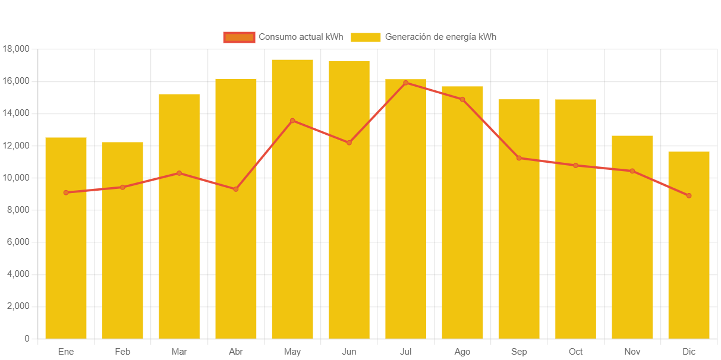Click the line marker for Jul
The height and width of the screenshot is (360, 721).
click(x=405, y=83)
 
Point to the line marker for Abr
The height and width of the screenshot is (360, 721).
click(x=236, y=189)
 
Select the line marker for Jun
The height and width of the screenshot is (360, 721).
click(x=349, y=143)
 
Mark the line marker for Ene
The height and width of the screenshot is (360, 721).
click(x=66, y=192)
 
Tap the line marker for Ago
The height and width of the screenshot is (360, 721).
click(x=462, y=99)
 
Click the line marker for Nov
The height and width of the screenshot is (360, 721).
click(x=632, y=171)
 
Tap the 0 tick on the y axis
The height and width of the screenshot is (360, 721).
click(x=27, y=339)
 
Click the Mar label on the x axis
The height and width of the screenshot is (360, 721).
click(x=179, y=352)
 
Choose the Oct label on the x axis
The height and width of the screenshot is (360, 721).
click(x=575, y=352)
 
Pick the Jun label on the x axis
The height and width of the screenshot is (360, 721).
click(x=349, y=352)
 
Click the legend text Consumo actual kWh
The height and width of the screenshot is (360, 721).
click(x=301, y=37)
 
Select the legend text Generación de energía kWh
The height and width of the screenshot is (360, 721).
click(x=440, y=37)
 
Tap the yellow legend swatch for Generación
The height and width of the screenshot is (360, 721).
click(x=365, y=37)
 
